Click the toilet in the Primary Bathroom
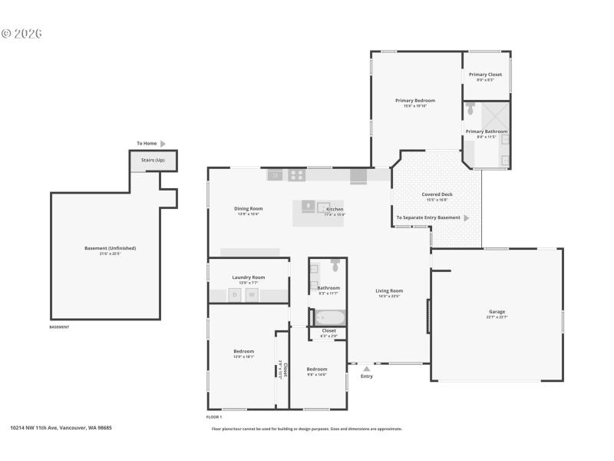470,109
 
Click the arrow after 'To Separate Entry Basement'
467,218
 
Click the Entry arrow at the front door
367,369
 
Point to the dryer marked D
235,295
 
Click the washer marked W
251,295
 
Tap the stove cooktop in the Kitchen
296,175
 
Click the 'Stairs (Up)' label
153,160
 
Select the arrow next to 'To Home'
163,144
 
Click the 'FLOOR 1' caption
214,416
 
